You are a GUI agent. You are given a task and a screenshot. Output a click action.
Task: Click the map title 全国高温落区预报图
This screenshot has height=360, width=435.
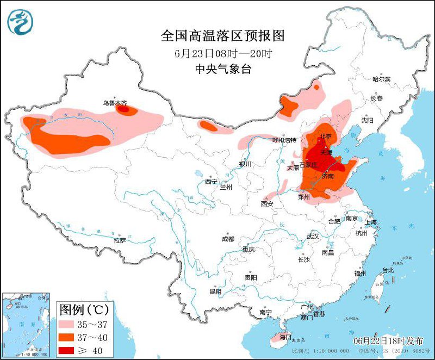(223, 36)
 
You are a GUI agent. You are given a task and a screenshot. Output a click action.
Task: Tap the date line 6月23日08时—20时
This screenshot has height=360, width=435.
(223, 54)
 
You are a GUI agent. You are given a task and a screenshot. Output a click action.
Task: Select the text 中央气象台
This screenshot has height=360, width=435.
(223, 69)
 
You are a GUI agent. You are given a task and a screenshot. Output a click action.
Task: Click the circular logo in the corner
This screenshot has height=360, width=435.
(20, 21)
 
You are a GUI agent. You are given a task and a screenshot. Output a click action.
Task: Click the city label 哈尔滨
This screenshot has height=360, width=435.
(381, 79)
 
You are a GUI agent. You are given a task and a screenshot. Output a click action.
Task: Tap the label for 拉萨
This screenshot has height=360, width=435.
(120, 240)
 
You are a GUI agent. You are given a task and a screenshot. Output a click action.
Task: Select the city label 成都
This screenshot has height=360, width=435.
(228, 239)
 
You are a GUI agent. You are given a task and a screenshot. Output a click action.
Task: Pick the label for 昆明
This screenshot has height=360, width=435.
(215, 291)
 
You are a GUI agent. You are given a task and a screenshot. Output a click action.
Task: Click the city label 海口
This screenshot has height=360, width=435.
(285, 337)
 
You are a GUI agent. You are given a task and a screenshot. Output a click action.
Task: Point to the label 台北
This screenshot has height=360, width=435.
(388, 270)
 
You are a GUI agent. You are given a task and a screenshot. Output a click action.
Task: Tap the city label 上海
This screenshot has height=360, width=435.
(371, 222)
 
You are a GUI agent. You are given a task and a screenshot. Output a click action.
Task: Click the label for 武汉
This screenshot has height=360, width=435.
(313, 236)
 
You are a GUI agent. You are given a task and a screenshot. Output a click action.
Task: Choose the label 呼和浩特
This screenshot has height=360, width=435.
(285, 140)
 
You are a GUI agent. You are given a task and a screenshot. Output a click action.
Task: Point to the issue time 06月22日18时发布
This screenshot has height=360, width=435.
(388, 340)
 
